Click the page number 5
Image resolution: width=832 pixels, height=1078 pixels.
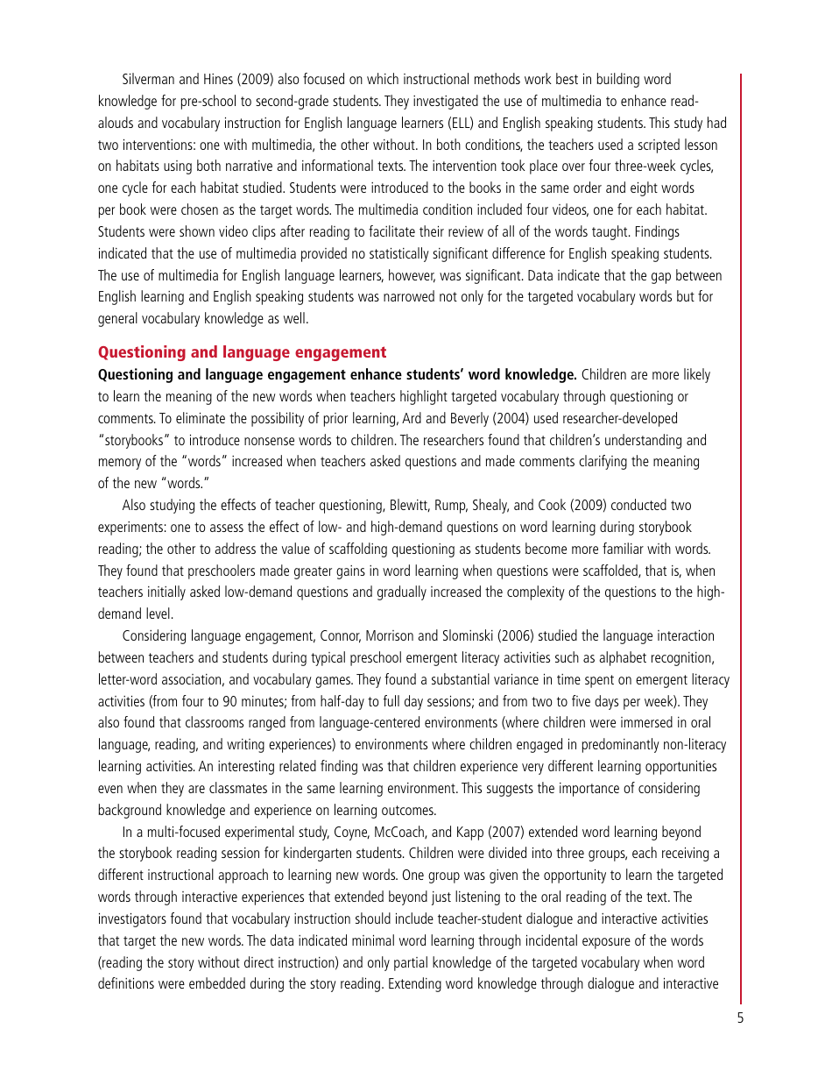(x=740, y=1018)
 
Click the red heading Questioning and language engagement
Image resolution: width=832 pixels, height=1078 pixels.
(x=242, y=352)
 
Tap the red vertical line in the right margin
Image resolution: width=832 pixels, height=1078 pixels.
(x=741, y=526)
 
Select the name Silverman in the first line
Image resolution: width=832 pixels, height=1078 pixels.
(x=150, y=80)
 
